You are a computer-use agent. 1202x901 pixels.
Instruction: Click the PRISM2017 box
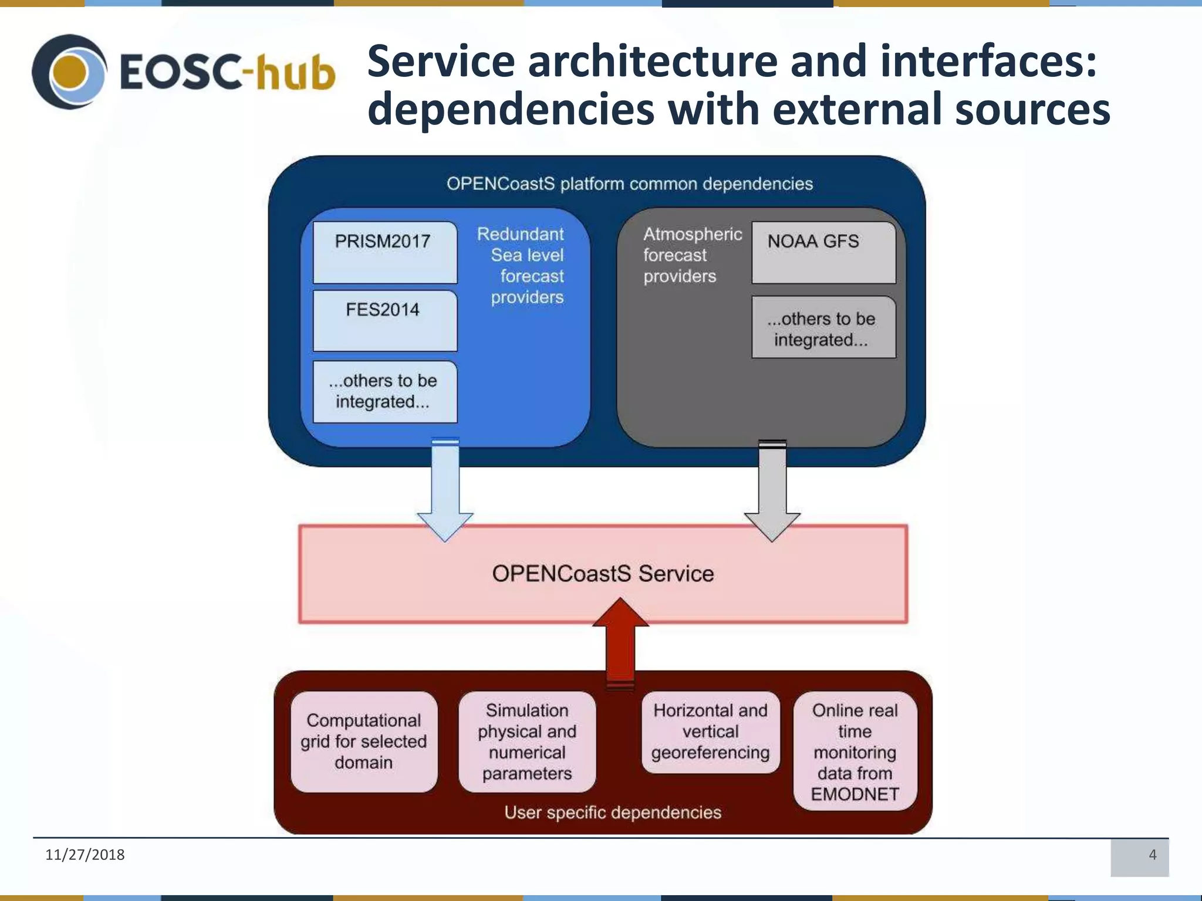(384, 252)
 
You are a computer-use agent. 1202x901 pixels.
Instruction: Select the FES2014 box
(384, 320)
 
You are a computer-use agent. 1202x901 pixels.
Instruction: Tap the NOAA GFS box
(823, 252)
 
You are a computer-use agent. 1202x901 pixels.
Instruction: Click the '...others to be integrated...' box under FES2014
(384, 391)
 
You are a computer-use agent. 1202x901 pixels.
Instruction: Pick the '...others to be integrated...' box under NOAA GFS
(823, 327)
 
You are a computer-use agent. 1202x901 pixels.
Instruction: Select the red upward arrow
(620, 642)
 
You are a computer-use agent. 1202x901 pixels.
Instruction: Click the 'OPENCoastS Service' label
(603, 574)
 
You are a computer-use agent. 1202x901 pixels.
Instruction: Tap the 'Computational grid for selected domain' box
(364, 741)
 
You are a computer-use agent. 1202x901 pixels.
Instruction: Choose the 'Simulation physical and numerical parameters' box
(527, 741)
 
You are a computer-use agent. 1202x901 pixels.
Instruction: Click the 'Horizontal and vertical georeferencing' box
(710, 731)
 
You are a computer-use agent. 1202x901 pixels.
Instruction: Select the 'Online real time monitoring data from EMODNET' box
(855, 751)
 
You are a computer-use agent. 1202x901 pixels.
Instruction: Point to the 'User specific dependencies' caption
(613, 812)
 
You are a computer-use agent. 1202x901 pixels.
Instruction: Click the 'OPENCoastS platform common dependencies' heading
(629, 184)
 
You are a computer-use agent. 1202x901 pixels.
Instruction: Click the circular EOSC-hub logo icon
(69, 72)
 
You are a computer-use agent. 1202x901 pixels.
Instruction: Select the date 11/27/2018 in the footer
(85, 855)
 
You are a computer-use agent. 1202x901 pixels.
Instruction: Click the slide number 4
(1152, 855)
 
